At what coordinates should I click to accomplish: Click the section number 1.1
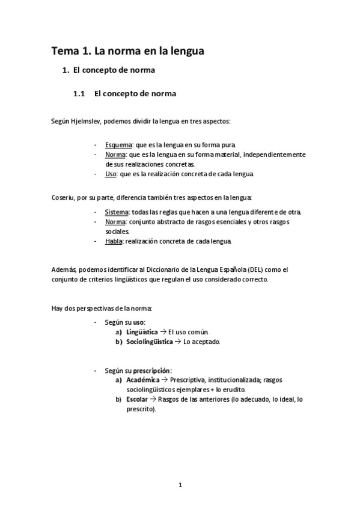[x=81, y=94]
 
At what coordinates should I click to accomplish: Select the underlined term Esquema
[x=118, y=145]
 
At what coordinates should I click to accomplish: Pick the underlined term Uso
[x=111, y=174]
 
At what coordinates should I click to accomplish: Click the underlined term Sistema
[x=116, y=212]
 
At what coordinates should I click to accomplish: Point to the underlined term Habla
[x=114, y=241]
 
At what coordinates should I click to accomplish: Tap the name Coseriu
[x=63, y=197]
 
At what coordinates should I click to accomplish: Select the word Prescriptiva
[x=191, y=380]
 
